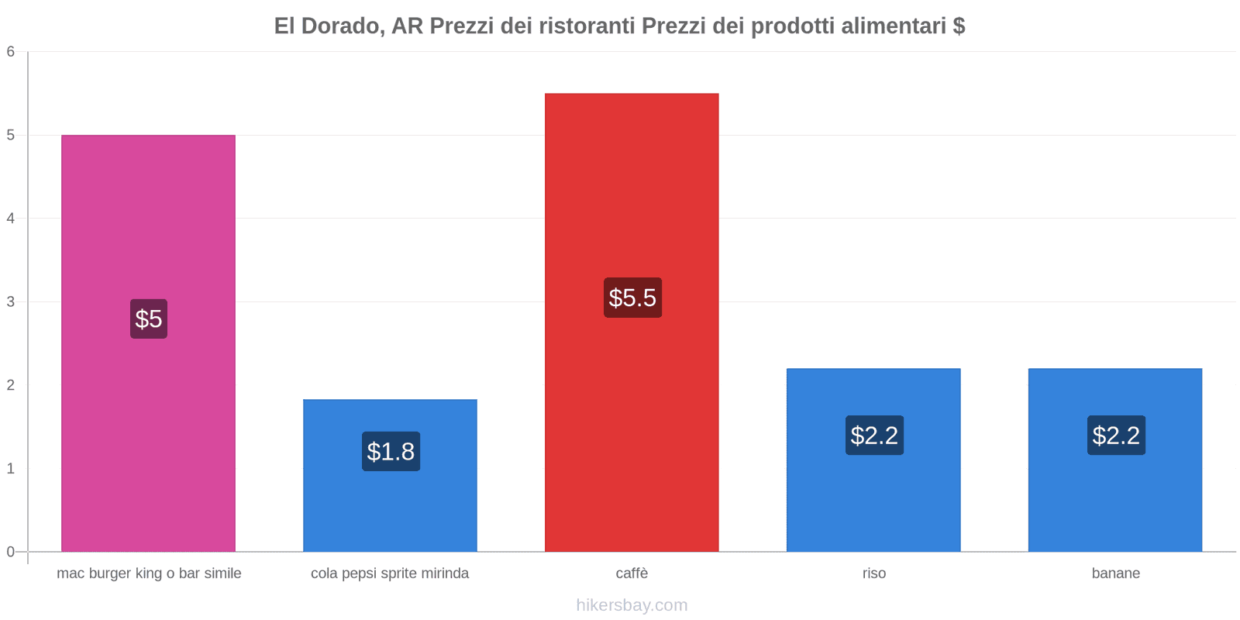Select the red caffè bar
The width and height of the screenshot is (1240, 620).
632,194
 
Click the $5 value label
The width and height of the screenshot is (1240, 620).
149,319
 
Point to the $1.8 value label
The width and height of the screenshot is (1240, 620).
391,451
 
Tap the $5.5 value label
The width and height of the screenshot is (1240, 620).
632,298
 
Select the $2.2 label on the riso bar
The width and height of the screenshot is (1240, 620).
874,435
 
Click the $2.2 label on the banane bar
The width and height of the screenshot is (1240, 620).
1116,435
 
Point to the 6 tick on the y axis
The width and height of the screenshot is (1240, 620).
11,52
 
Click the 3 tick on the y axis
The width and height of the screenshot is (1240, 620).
11,301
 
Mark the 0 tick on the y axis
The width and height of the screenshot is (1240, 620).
11,552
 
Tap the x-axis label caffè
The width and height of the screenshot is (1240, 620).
632,573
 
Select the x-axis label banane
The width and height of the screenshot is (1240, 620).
1115,573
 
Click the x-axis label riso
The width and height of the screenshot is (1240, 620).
873,573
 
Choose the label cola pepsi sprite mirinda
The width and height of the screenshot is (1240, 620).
390,573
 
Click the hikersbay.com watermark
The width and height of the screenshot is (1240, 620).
632,605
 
